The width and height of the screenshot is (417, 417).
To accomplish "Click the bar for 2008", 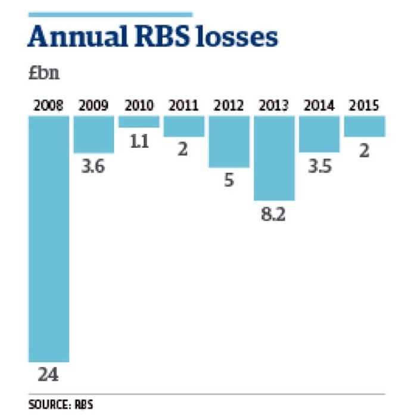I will (49, 238).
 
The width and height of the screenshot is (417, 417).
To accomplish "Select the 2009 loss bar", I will (94, 135).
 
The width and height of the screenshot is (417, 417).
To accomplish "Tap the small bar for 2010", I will (139, 122).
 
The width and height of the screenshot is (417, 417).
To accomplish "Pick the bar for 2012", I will (229, 142).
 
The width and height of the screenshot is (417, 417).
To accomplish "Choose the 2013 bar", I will (274, 158).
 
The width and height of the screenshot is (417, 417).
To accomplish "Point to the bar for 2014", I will (319, 134).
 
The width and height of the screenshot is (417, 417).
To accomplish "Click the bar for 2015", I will (364, 126).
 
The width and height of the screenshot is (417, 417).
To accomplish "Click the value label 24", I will (49, 376).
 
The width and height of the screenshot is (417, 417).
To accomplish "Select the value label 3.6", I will (94, 166).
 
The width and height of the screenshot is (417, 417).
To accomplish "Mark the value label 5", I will (229, 181).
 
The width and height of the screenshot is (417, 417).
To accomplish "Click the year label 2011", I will (183, 106).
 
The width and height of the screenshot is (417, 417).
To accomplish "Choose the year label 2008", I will (49, 106).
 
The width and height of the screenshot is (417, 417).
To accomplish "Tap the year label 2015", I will (364, 106).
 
